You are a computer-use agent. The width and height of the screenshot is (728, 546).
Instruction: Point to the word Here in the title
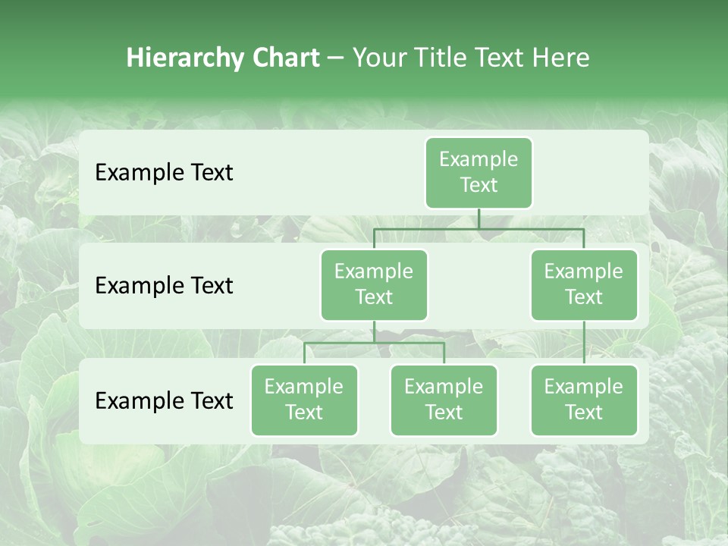(x=560, y=58)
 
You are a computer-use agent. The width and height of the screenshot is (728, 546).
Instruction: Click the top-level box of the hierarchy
(x=479, y=172)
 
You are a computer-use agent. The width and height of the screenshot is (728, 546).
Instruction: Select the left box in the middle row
(x=374, y=284)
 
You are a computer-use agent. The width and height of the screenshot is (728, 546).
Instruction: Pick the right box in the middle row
(x=584, y=284)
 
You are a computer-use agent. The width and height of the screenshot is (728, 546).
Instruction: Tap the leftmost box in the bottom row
(x=304, y=400)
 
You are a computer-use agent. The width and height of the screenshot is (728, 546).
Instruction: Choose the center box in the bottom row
(x=444, y=400)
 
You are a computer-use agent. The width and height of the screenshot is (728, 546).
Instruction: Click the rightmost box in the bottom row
(x=584, y=400)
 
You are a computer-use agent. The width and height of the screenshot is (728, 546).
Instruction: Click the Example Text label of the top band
(x=164, y=173)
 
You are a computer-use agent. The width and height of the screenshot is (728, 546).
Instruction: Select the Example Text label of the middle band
(x=164, y=286)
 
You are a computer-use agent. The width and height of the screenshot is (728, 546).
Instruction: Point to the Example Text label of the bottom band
(x=164, y=400)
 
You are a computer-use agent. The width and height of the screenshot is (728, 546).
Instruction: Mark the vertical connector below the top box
(x=479, y=218)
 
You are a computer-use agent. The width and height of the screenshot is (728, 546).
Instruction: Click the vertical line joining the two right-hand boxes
(x=584, y=343)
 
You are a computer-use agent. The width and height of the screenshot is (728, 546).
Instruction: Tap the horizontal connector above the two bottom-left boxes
(x=374, y=343)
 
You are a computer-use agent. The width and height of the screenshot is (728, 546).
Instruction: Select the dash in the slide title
(x=336, y=58)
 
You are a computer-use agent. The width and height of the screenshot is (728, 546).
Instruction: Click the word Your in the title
(x=378, y=58)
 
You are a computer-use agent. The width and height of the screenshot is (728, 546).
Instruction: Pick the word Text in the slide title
(x=500, y=58)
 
